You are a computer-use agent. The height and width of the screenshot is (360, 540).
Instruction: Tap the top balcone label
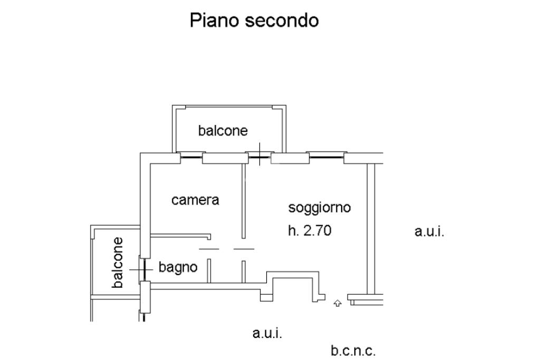tap(223, 131)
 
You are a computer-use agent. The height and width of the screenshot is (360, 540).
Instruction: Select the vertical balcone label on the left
tap(118, 262)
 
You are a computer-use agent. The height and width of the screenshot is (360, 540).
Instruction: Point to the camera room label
tap(195, 200)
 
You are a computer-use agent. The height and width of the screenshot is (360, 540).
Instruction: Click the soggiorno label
tap(319, 208)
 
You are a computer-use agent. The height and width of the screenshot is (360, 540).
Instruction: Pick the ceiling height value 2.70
tap(316, 230)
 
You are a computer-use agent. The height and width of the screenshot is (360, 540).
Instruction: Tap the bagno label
tap(178, 268)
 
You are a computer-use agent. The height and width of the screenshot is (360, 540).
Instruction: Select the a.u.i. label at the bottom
tap(267, 333)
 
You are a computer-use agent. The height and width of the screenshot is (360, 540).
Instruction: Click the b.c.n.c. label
tap(353, 351)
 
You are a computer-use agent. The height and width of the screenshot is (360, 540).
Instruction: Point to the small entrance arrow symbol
tap(337, 303)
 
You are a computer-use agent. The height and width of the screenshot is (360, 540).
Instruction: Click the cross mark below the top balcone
tap(259, 153)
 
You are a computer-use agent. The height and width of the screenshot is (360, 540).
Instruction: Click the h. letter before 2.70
tap(293, 230)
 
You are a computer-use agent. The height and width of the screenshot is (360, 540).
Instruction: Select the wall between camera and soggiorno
tap(244, 200)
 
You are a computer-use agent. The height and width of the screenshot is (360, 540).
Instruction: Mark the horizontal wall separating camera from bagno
tap(179, 236)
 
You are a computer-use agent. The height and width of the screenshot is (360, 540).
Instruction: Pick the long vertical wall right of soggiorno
tap(371, 227)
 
